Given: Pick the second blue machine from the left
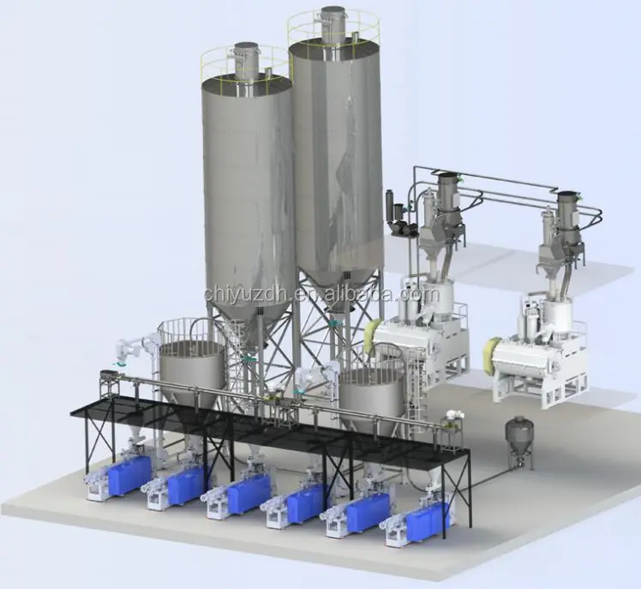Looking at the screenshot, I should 186,485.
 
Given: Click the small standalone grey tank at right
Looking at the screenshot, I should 517,437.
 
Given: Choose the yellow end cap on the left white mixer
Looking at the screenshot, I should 374,339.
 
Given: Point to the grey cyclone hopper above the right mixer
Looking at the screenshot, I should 566,219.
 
